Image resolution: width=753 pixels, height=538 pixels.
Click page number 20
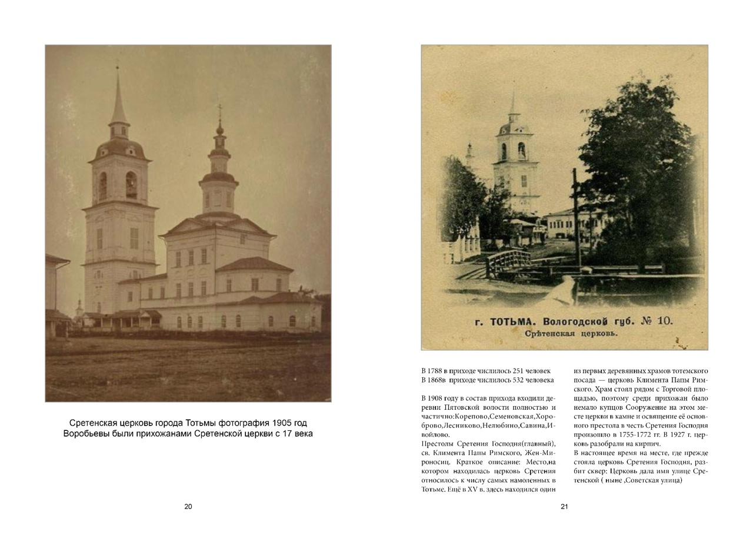click(188, 507)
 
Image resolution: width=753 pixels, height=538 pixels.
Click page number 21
click(564, 507)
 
